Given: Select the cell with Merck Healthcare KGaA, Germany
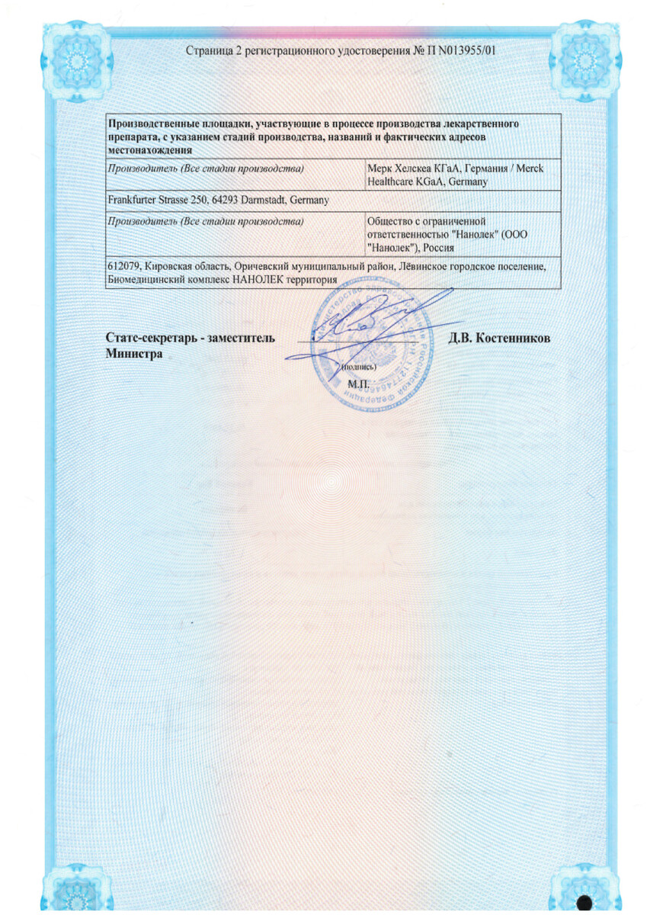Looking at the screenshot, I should [x=463, y=175].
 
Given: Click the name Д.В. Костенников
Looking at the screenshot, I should [x=499, y=339].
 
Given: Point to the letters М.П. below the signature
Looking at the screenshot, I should [x=358, y=383].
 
